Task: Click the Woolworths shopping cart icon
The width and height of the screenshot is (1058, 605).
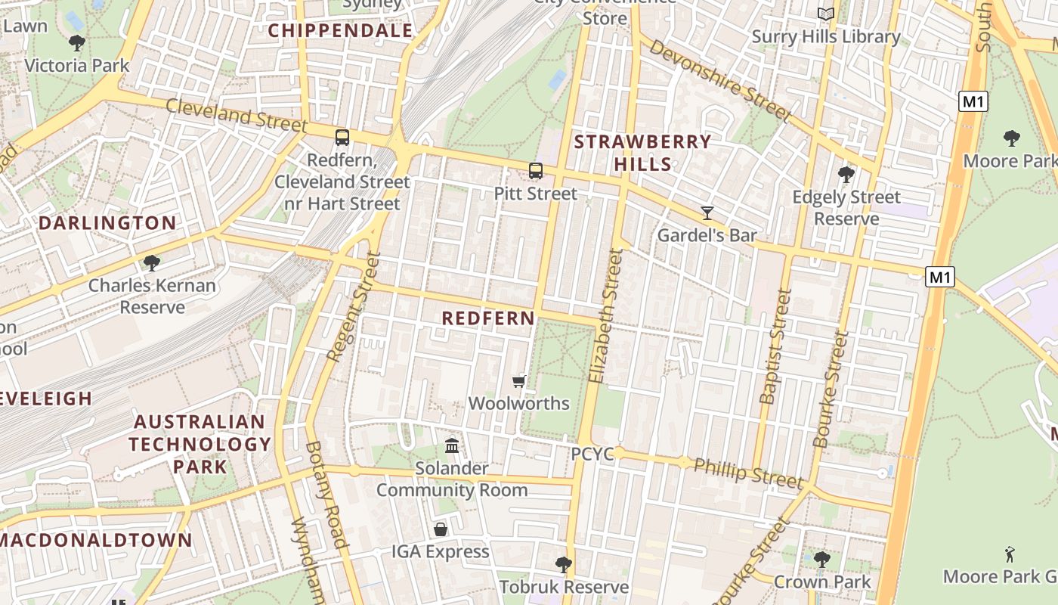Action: [518, 382]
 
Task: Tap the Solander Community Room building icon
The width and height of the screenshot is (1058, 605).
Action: [452, 446]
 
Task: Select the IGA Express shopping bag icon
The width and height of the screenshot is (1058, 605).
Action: [440, 529]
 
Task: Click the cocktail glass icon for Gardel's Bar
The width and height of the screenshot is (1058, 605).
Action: [707, 213]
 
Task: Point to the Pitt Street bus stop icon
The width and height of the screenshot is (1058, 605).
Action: [536, 171]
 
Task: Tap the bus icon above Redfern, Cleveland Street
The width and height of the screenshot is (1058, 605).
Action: [342, 138]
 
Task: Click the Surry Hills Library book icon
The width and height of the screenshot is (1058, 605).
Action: [826, 14]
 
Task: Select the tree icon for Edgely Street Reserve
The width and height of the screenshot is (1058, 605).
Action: [846, 175]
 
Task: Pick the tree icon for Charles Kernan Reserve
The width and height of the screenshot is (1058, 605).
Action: [152, 263]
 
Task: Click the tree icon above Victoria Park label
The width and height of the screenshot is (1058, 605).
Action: [76, 43]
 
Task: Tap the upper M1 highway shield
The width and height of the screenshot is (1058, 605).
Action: [973, 101]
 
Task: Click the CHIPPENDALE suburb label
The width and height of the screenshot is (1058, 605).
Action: [341, 30]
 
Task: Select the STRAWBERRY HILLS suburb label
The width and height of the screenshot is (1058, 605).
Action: [642, 153]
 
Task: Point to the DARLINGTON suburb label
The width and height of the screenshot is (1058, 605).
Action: [107, 223]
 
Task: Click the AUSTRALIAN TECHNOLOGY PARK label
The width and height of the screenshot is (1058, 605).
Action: [200, 444]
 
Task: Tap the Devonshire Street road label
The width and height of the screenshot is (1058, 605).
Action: [720, 80]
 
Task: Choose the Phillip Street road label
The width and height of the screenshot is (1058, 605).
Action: [747, 473]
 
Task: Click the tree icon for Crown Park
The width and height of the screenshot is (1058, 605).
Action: [821, 560]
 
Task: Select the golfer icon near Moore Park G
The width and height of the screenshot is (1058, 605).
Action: [1010, 554]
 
